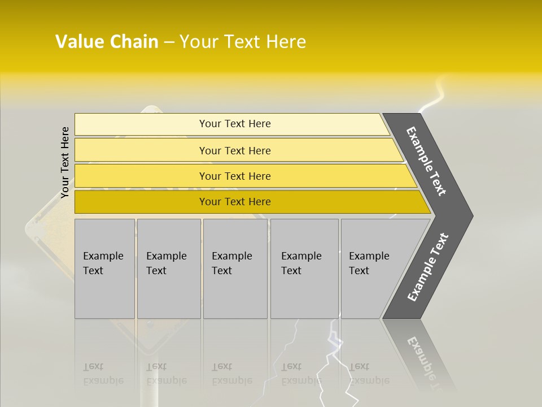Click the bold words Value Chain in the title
107,42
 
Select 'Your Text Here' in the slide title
243,42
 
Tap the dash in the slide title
169,42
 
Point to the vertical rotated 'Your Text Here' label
65,163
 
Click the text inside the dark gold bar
235,202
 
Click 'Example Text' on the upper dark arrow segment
426,161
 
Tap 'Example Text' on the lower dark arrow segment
428,267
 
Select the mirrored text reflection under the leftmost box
103,374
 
